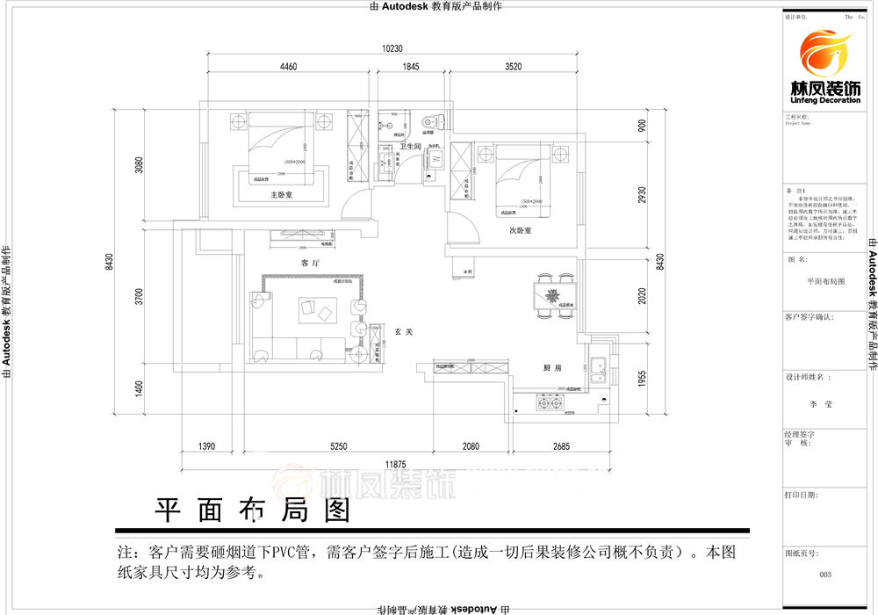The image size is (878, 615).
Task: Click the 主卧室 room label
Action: pos(280,196)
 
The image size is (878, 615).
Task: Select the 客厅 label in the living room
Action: pos(308,262)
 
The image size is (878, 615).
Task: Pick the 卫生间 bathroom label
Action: pos(411,147)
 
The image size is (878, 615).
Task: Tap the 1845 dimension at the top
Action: pos(411,67)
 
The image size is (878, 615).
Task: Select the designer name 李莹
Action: pos(824,405)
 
